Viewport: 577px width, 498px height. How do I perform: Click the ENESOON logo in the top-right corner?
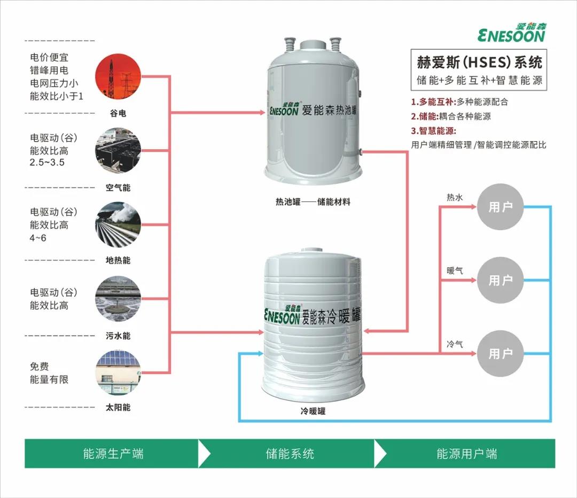pos(511,33)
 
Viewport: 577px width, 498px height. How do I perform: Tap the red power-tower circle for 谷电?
pos(118,79)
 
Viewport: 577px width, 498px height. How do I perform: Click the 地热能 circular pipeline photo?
pos(118,224)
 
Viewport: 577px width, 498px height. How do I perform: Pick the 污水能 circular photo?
pos(118,299)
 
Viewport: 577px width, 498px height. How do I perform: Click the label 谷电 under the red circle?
pos(118,113)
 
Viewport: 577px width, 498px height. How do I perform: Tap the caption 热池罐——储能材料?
pos(313,202)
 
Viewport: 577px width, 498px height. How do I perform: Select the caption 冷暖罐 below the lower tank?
pos(313,411)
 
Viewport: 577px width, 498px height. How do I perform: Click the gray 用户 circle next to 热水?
pos(501,207)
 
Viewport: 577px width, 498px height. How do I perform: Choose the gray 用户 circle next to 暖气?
pos(501,280)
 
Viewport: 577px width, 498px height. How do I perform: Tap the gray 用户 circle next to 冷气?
pos(501,353)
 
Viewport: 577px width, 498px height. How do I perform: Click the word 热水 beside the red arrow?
pos(455,198)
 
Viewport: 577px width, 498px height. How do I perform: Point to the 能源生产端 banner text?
pos(113,454)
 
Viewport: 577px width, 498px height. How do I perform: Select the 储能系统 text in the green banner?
pos(290,454)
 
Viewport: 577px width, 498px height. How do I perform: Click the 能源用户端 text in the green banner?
pos(466,454)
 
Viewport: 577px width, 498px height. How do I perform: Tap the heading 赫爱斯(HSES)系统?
pos(479,63)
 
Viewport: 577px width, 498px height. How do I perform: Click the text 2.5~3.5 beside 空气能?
pos(47,162)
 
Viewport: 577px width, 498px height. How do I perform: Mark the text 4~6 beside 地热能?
pos(38,237)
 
